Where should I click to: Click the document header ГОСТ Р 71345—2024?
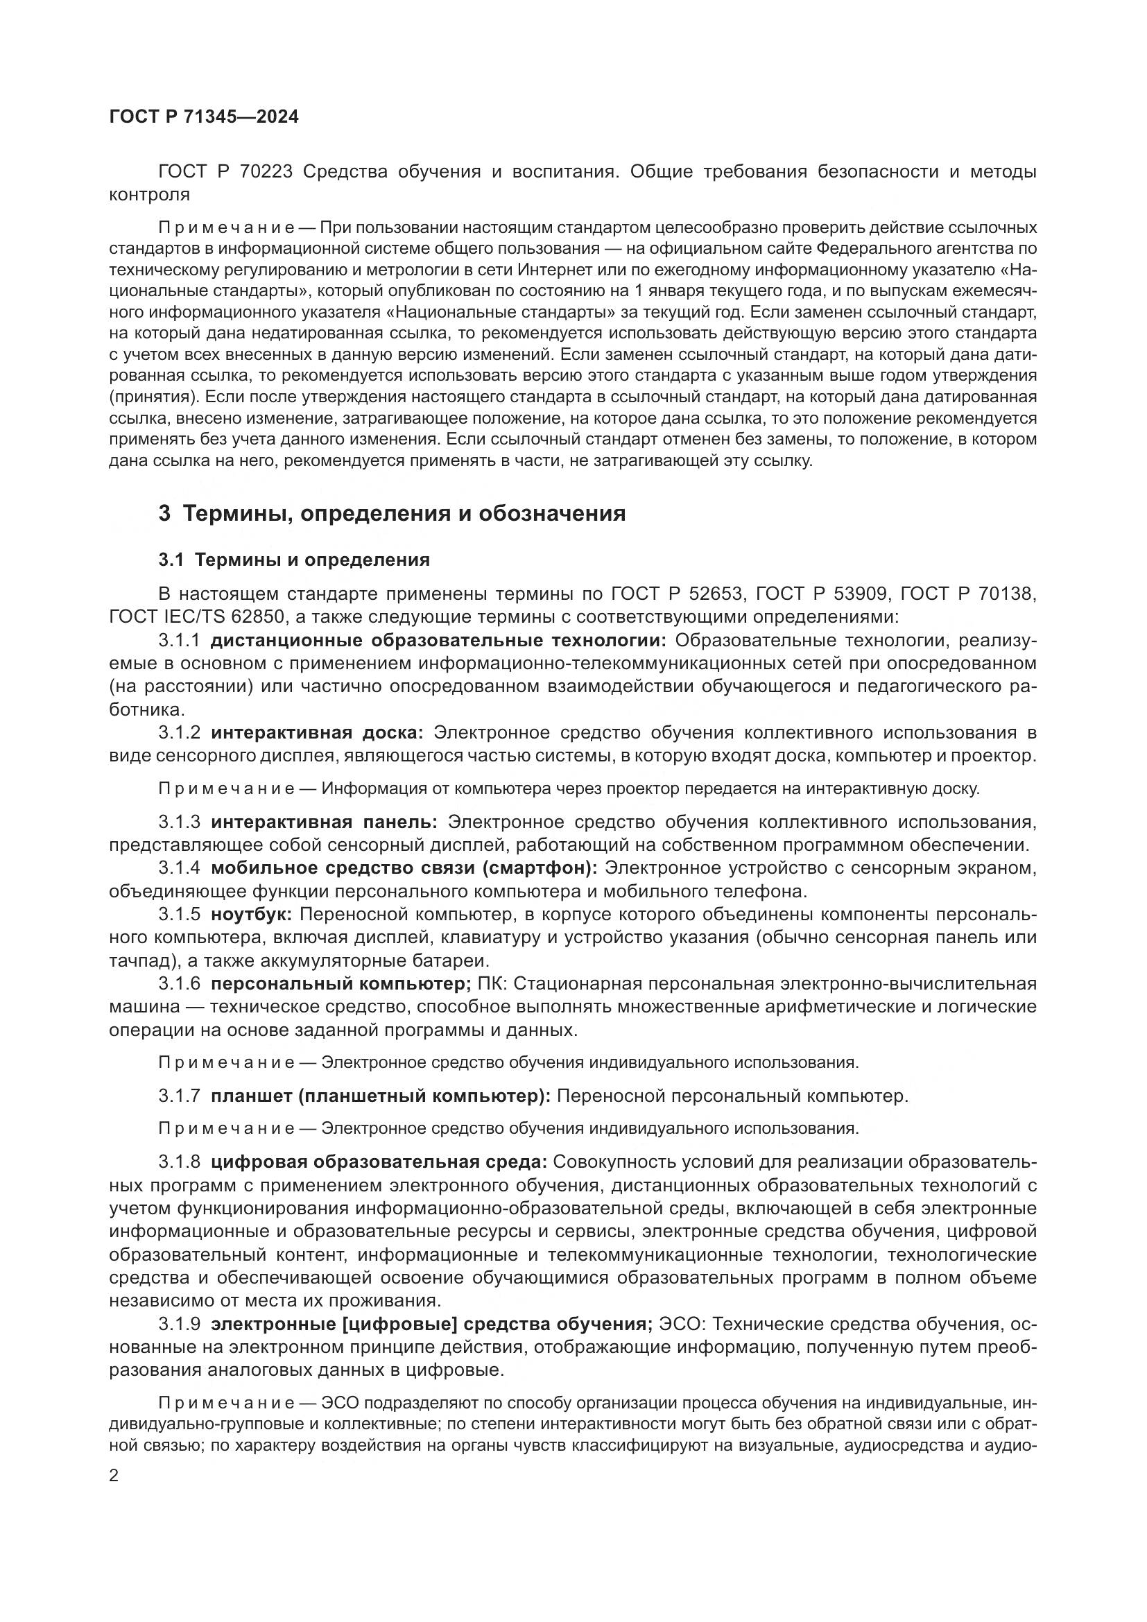(x=204, y=117)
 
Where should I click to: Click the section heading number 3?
(x=164, y=514)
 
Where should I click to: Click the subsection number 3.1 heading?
(x=171, y=560)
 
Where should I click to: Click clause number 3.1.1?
(x=180, y=640)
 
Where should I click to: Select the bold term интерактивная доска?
(x=317, y=732)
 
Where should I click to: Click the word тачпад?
(x=133, y=960)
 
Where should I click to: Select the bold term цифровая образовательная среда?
(x=379, y=1162)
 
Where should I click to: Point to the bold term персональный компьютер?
(x=340, y=984)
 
